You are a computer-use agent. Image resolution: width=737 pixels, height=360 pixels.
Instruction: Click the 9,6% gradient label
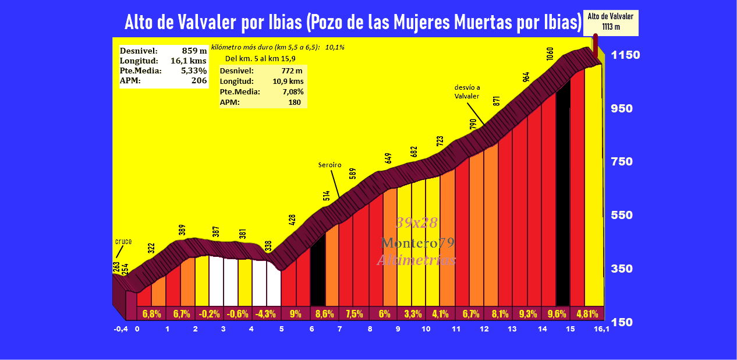555,313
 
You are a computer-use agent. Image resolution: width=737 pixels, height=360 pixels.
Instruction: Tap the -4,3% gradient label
267,313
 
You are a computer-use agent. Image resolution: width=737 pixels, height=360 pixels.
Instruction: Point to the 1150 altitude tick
625,55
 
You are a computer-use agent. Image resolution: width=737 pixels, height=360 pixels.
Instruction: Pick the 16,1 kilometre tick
601,329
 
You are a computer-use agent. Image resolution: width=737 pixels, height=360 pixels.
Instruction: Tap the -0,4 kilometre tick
121,329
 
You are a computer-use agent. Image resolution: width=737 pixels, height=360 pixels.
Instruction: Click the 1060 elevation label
550,54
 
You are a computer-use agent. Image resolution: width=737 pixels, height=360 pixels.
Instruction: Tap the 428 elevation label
292,220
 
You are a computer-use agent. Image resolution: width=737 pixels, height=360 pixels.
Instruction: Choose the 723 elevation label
440,142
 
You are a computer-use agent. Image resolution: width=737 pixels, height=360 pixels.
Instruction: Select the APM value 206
199,81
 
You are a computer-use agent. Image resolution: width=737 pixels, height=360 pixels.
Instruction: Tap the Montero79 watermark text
417,242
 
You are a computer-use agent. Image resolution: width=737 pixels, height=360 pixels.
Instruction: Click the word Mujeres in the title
416,23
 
